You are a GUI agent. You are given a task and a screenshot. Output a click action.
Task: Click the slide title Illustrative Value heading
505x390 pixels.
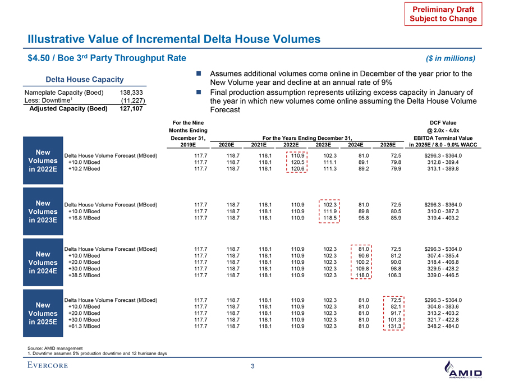click(x=174, y=39)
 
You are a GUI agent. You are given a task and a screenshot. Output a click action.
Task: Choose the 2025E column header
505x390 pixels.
click(x=387, y=144)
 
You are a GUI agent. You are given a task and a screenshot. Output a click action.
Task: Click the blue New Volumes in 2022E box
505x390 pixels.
click(x=44, y=162)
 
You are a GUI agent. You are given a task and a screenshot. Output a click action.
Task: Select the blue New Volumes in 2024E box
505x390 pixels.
click(x=44, y=262)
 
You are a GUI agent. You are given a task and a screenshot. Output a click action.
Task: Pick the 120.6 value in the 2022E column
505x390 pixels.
click(x=297, y=169)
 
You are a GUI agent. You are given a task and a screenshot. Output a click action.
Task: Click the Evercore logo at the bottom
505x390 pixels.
click(x=48, y=366)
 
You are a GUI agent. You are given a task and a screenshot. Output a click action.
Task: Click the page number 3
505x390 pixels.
click(x=252, y=366)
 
